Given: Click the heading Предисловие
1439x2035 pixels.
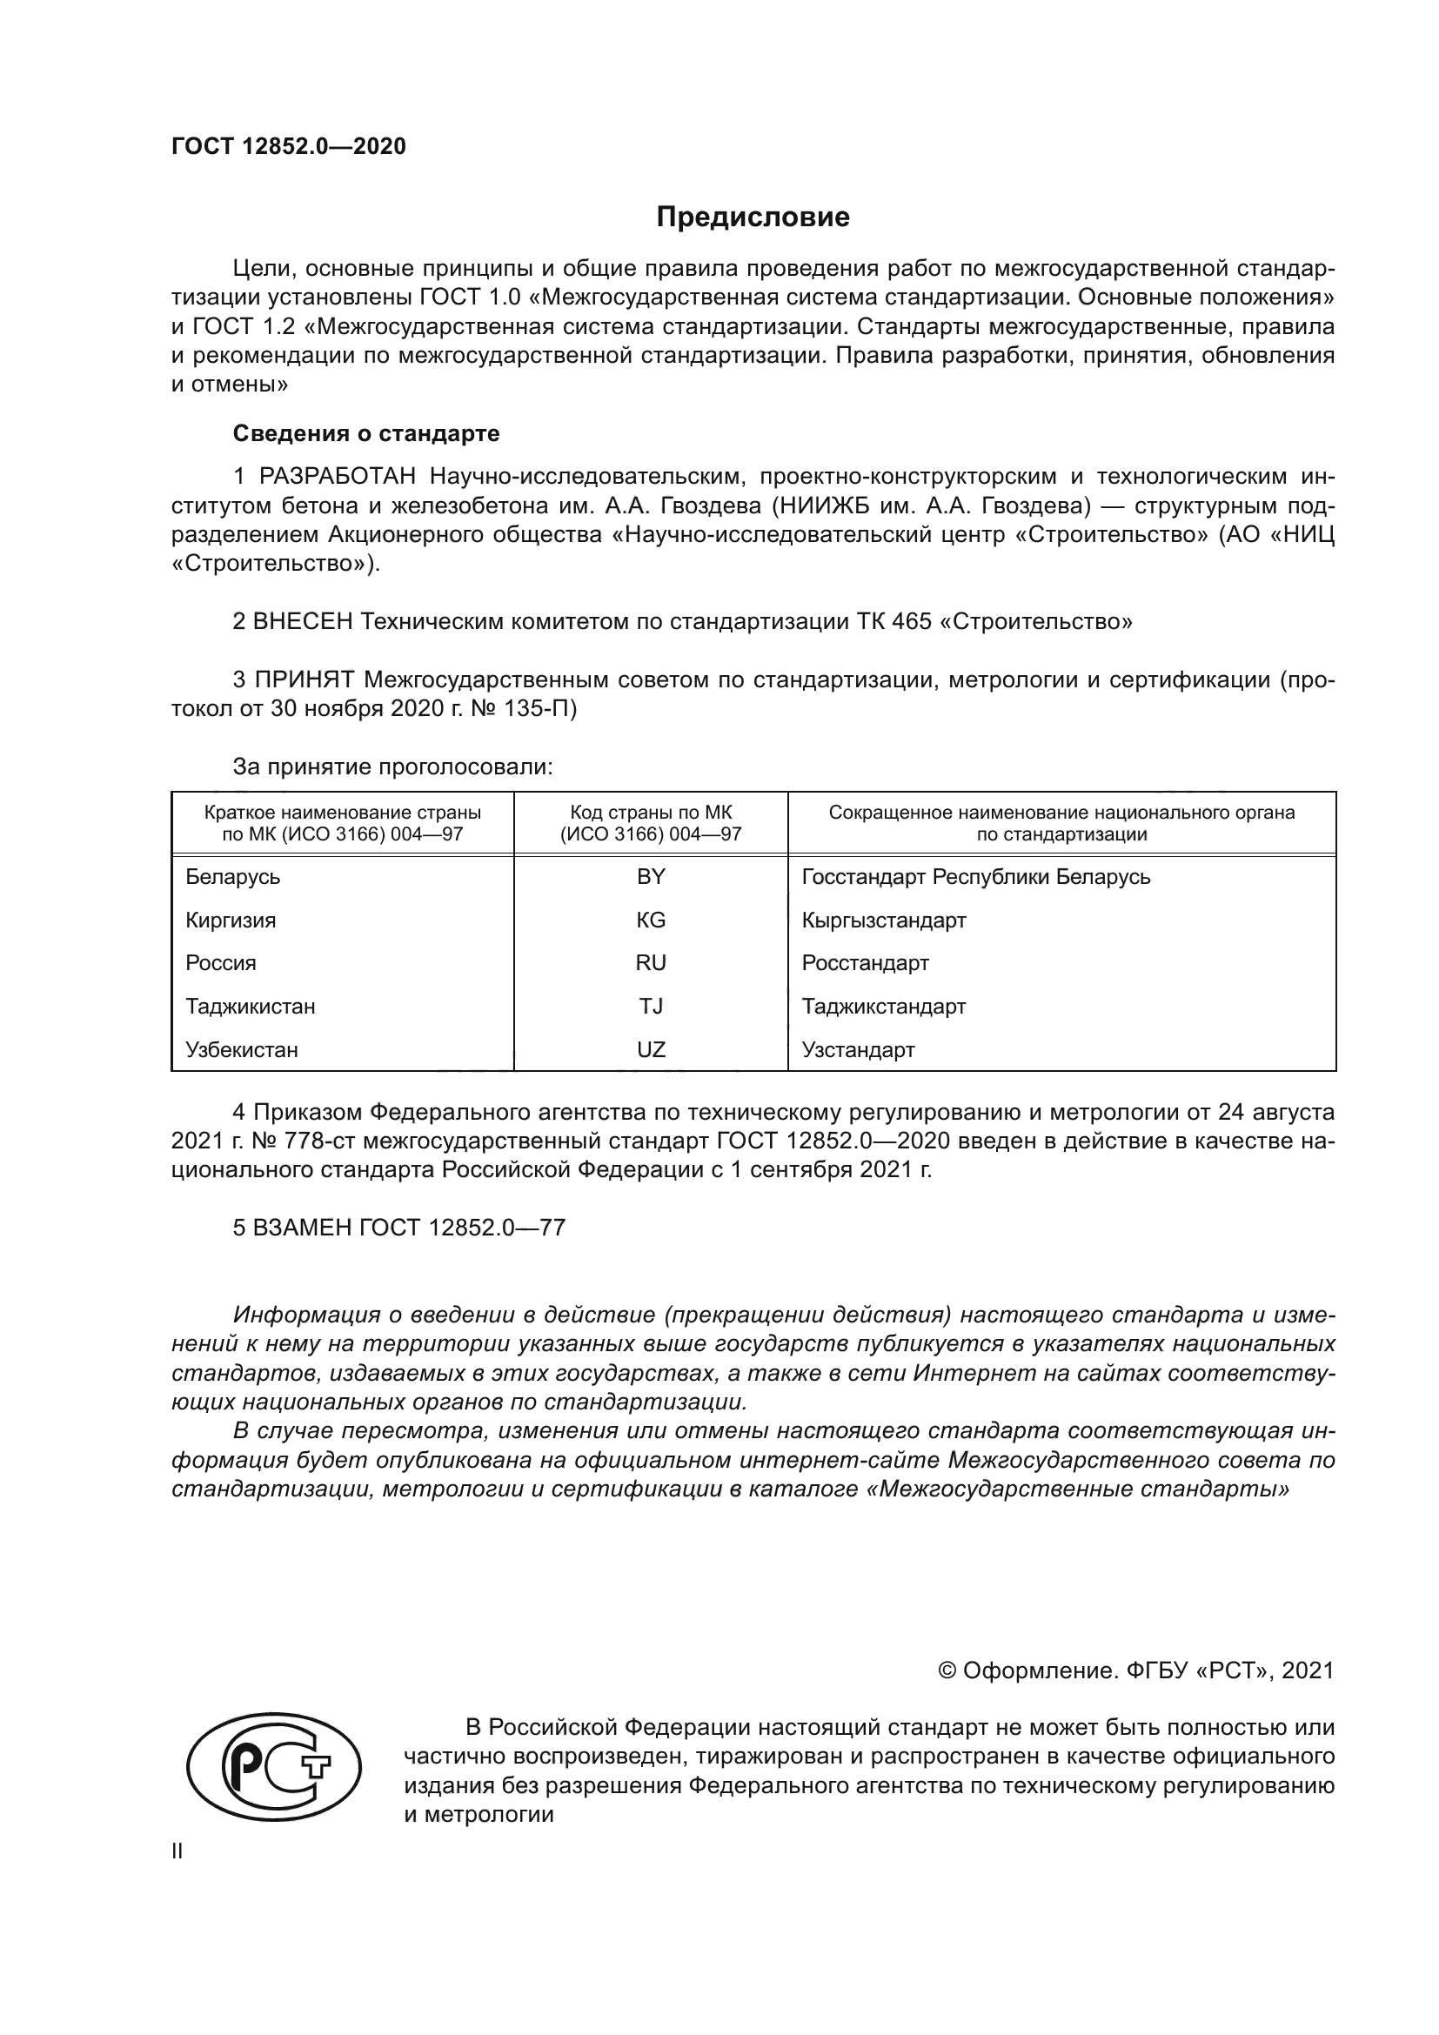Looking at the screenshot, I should pyautogui.click(x=753, y=218).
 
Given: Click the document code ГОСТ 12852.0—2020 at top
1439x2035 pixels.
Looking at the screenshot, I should pyautogui.click(x=289, y=147).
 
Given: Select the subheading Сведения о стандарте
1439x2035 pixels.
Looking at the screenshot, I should pyautogui.click(x=366, y=433).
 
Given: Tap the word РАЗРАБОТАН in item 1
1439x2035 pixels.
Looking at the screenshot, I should pyautogui.click(x=337, y=477).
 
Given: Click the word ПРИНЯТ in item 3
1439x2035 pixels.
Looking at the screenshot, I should pyautogui.click(x=305, y=679).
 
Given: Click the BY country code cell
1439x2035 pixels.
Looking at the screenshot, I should pyautogui.click(x=651, y=877).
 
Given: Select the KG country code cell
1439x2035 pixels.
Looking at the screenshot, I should pyautogui.click(x=651, y=920).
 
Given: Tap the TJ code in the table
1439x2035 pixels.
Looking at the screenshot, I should pyautogui.click(x=651, y=1006).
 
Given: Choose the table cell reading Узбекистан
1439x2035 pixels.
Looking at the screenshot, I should pyautogui.click(x=242, y=1049).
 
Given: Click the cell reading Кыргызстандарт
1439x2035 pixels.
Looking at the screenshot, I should pyautogui.click(x=883, y=920).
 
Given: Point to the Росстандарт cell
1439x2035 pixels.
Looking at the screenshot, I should pyautogui.click(x=865, y=962).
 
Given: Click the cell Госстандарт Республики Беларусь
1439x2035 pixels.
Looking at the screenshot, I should pyautogui.click(x=975, y=877).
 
